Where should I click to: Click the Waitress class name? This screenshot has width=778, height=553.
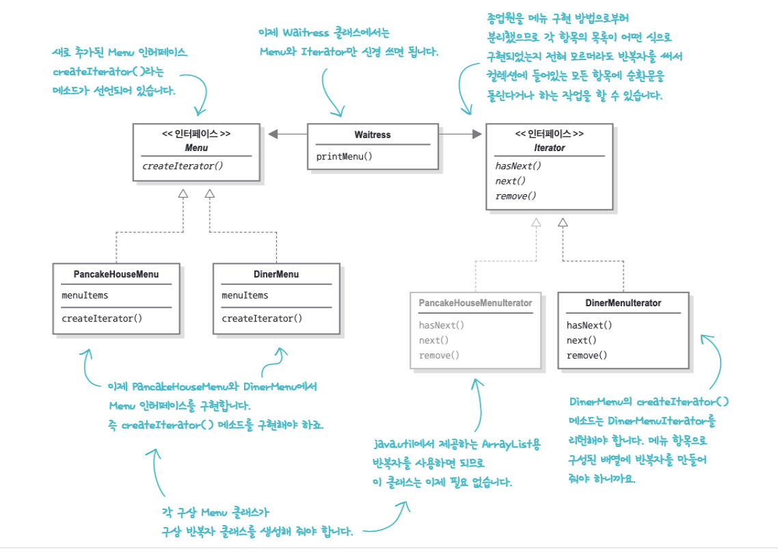pyautogui.click(x=373, y=135)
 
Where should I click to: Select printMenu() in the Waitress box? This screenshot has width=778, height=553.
pyautogui.click(x=344, y=156)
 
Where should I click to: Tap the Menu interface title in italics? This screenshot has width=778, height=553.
pyautogui.click(x=196, y=148)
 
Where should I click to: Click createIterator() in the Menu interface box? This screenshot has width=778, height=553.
pyautogui.click(x=183, y=166)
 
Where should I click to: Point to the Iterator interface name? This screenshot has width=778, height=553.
pyautogui.click(x=549, y=148)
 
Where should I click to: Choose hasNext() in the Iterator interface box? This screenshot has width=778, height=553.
pyautogui.click(x=518, y=166)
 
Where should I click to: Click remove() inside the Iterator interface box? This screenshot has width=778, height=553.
pyautogui.click(x=515, y=196)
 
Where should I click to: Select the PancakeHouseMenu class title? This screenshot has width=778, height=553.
pyautogui.click(x=116, y=274)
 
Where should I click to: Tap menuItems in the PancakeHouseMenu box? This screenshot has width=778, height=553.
pyautogui.click(x=85, y=295)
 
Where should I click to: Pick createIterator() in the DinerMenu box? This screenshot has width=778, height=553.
pyautogui.click(x=262, y=318)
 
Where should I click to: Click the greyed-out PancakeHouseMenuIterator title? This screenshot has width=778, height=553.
pyautogui.click(x=475, y=303)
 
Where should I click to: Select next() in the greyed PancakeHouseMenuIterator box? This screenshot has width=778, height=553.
pyautogui.click(x=433, y=340)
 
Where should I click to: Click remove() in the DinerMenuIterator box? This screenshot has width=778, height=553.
pyautogui.click(x=587, y=355)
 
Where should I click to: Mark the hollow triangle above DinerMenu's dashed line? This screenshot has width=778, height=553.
pyautogui.click(x=210, y=194)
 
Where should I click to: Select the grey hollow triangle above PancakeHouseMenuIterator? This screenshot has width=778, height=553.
pyautogui.click(x=537, y=221)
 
